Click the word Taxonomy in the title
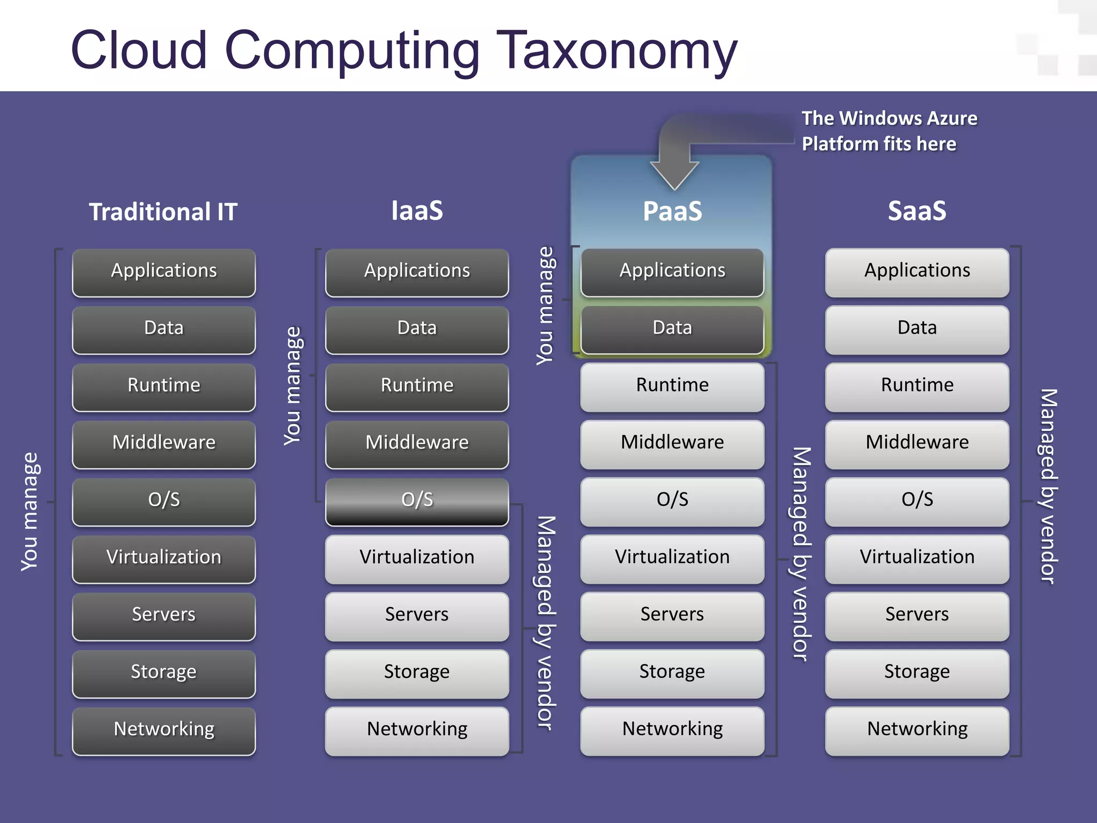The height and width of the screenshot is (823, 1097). [x=619, y=51]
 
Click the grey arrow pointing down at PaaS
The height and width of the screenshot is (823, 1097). [x=674, y=161]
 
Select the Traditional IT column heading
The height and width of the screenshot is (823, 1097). [x=163, y=212]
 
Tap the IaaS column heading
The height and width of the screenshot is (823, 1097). [x=417, y=211]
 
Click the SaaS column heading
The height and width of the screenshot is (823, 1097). [x=917, y=211]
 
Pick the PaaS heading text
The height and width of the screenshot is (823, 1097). [x=672, y=211]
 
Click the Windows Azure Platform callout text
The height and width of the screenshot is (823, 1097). [x=889, y=131]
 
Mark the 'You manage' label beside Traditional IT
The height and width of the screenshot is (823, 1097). [x=30, y=512]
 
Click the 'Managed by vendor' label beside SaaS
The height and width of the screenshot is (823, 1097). [x=1048, y=486]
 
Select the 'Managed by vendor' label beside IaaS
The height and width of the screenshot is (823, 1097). [x=546, y=623]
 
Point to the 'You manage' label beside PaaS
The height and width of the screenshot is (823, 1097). [x=545, y=306]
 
